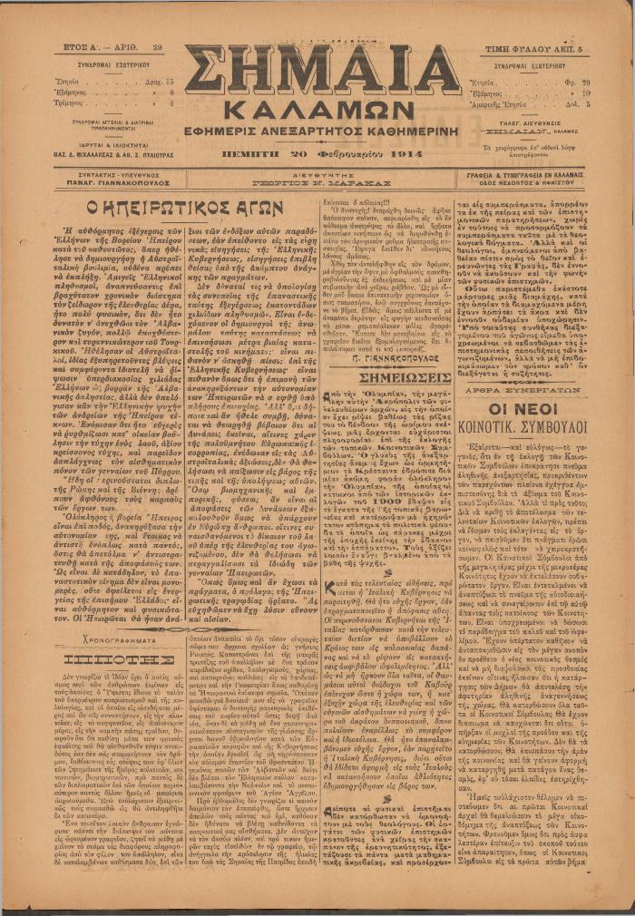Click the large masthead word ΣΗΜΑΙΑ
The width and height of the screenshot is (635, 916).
point(322,70)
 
